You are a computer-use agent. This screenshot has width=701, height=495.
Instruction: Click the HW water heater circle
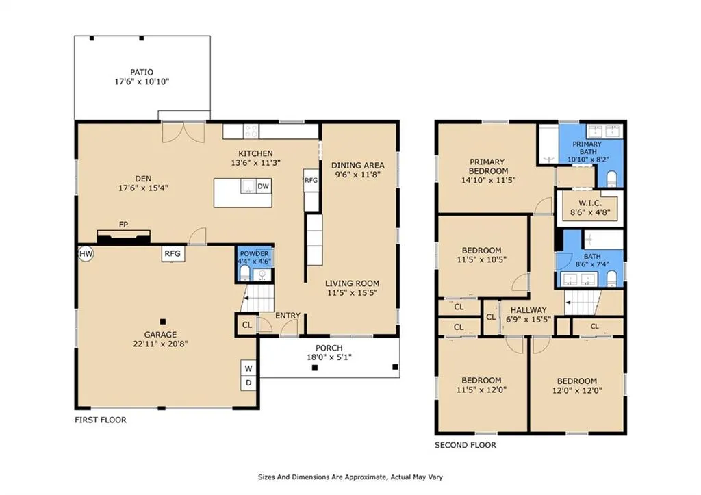[x=86, y=254]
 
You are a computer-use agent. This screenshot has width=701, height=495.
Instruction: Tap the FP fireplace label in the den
[x=123, y=225]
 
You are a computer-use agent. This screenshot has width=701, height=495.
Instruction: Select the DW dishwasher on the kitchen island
[x=264, y=186]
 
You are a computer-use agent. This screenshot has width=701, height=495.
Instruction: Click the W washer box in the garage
[x=248, y=368]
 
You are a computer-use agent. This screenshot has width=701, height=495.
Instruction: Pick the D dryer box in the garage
[x=248, y=383]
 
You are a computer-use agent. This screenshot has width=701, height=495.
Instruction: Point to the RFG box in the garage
[x=173, y=254]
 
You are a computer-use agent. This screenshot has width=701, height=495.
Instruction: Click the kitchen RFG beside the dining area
[x=311, y=181]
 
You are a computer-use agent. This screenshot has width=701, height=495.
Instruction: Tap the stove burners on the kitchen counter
[x=251, y=131]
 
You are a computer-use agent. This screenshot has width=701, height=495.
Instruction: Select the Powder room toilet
[x=244, y=273]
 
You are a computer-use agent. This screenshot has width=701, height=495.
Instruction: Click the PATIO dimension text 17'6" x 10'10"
[x=142, y=82]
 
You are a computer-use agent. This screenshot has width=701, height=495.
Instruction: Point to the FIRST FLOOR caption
[x=101, y=420]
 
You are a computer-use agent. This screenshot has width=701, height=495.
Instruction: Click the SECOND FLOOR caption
[x=466, y=445]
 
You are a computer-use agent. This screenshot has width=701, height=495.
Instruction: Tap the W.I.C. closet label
[x=590, y=203]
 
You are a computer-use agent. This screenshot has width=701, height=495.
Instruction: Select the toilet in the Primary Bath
[x=611, y=179]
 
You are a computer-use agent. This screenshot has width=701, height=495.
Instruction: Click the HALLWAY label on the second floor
[x=528, y=310]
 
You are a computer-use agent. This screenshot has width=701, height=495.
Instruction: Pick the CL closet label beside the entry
[x=247, y=325]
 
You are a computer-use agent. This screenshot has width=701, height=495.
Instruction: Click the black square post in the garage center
[x=163, y=322]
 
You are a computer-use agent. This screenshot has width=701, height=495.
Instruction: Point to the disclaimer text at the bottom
[x=350, y=477]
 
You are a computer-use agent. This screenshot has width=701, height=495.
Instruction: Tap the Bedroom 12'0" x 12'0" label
[x=577, y=386]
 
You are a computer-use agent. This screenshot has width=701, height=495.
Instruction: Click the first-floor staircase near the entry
[x=257, y=298]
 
